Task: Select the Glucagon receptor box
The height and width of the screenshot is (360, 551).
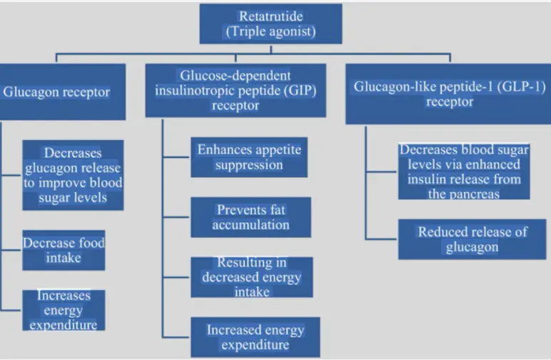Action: (x=63, y=91)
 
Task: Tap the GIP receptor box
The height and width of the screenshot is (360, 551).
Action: (x=236, y=91)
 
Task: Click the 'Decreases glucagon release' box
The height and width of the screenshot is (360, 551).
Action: (x=72, y=175)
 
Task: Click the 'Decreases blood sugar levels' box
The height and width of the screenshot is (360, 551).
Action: (x=464, y=171)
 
